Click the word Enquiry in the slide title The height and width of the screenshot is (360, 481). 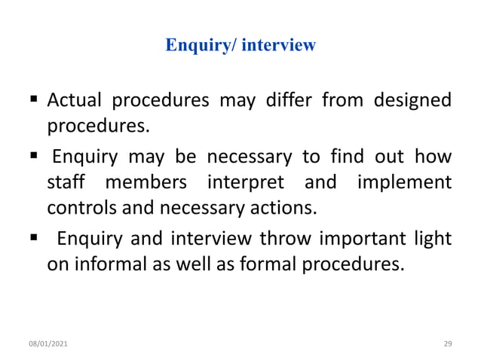194,46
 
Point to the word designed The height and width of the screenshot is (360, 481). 412,100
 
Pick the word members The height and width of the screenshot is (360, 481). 142,183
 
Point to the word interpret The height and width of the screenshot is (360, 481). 243,183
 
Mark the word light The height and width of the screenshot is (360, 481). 435,239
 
